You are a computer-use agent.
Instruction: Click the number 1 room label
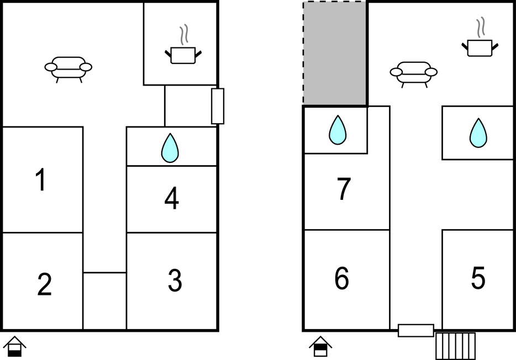tap(40, 179)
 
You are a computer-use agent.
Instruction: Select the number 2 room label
tap(44, 284)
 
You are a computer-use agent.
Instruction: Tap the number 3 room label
tap(175, 280)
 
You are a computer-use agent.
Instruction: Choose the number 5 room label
tap(478, 278)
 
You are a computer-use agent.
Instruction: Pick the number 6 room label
tap(341, 278)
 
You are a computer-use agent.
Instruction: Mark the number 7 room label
tap(344, 188)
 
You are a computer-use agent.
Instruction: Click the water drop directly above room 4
tap(170, 148)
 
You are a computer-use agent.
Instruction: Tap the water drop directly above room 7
tap(338, 130)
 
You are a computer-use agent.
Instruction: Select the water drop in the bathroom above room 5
tap(478, 133)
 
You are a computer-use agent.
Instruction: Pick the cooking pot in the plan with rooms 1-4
tap(183, 44)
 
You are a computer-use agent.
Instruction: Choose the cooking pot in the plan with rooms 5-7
tap(480, 37)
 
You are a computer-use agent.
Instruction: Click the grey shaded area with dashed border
tap(334, 53)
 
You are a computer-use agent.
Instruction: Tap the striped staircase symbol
tap(455, 346)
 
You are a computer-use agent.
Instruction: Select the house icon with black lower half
tap(14, 346)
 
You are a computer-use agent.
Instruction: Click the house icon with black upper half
tap(320, 346)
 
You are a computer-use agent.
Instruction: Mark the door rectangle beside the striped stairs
tap(416, 330)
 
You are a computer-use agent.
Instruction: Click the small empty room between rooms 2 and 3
tap(104, 301)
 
